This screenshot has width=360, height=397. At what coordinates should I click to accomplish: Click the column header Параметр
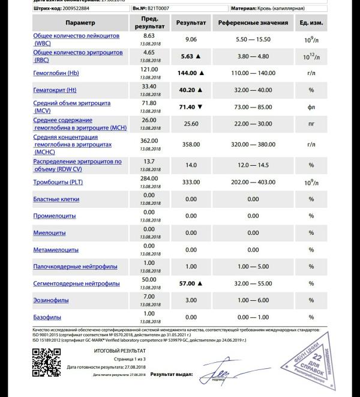[80, 23]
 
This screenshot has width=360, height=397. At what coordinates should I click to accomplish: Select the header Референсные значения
[247, 23]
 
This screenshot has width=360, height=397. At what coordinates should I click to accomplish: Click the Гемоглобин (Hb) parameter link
[56, 73]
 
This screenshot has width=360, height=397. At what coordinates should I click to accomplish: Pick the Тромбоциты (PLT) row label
[58, 182]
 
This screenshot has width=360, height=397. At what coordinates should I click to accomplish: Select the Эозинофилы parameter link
[51, 300]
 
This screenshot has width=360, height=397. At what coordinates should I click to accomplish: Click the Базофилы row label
[47, 317]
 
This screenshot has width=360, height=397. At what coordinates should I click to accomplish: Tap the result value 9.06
[191, 39]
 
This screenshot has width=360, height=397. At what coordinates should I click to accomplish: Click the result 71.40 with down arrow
[188, 106]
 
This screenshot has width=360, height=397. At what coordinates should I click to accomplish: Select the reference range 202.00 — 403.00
[247, 182]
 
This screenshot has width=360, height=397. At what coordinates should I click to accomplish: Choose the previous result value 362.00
[149, 141]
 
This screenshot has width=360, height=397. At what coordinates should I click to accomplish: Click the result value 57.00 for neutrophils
[188, 283]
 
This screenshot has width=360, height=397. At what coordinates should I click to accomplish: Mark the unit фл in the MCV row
[311, 106]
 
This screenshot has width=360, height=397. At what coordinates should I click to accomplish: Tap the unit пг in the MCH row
[311, 124]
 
